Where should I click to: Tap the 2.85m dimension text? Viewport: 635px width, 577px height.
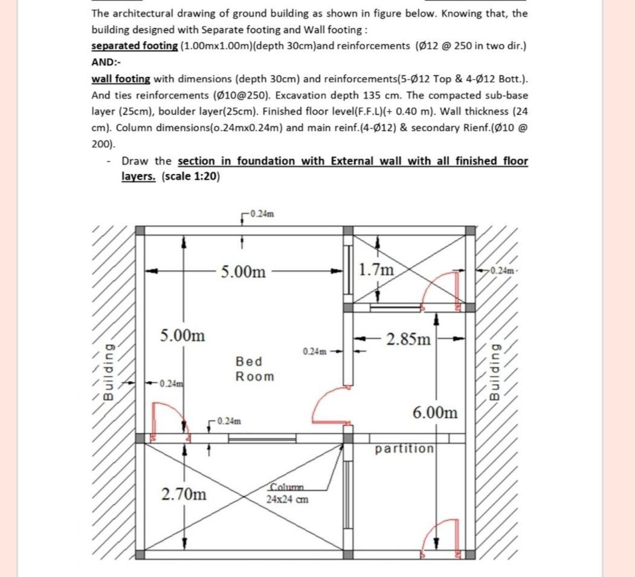pos(409,339)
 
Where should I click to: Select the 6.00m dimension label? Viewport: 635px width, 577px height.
pos(435,413)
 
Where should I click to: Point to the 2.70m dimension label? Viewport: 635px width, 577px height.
pos(184,494)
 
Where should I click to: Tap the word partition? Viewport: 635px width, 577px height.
pos(404,449)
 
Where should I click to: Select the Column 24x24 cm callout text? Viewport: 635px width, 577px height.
pos(288,493)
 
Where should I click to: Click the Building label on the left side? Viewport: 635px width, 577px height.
pos(108,372)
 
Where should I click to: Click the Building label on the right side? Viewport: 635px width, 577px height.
pos(495,372)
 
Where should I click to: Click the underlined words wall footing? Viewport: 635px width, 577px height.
pos(120,79)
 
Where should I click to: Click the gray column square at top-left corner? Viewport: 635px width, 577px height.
pos(140,231)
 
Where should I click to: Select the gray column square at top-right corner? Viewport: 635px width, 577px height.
pos(470,231)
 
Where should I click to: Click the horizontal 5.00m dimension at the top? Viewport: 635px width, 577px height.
pos(243,272)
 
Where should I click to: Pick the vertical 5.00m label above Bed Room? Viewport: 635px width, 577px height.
pos(182,335)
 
